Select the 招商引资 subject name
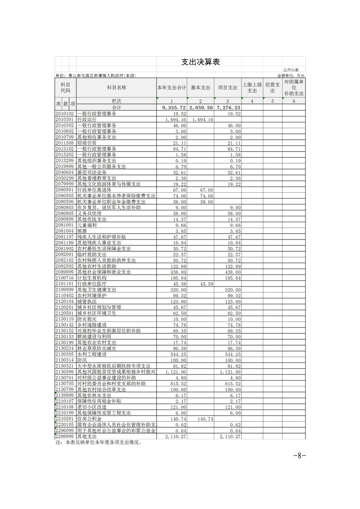pos(87,143)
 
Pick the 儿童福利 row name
pos(87,225)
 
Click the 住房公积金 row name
pos(89,419)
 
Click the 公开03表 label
pos(291,70)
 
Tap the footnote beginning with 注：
pos(98,442)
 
